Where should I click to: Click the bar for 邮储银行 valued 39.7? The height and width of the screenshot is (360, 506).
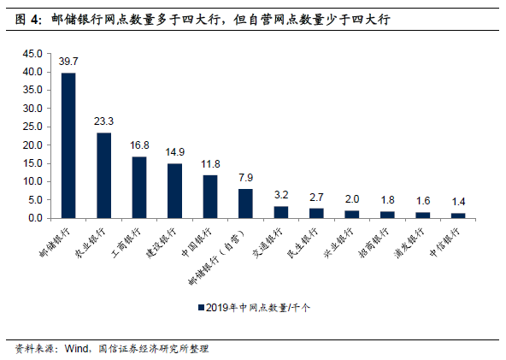coord(68,145)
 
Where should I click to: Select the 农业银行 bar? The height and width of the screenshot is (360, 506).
coord(103,175)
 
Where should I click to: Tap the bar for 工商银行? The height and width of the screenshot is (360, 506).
coord(139,187)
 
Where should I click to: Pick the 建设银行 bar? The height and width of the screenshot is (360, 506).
coord(174,191)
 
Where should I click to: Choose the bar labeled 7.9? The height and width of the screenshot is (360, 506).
coord(245,204)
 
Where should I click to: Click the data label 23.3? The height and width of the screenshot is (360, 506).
coord(103,121)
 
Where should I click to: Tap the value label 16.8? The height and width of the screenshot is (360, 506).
coord(139,145)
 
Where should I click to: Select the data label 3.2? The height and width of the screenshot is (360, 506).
coord(281,195)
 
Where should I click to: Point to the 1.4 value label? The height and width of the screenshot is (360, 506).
coord(458,202)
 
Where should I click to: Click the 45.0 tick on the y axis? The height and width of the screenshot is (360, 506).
coord(32,54)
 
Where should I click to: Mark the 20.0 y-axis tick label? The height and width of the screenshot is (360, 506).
coord(32,145)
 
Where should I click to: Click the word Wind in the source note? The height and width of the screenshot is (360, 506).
coord(78,349)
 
